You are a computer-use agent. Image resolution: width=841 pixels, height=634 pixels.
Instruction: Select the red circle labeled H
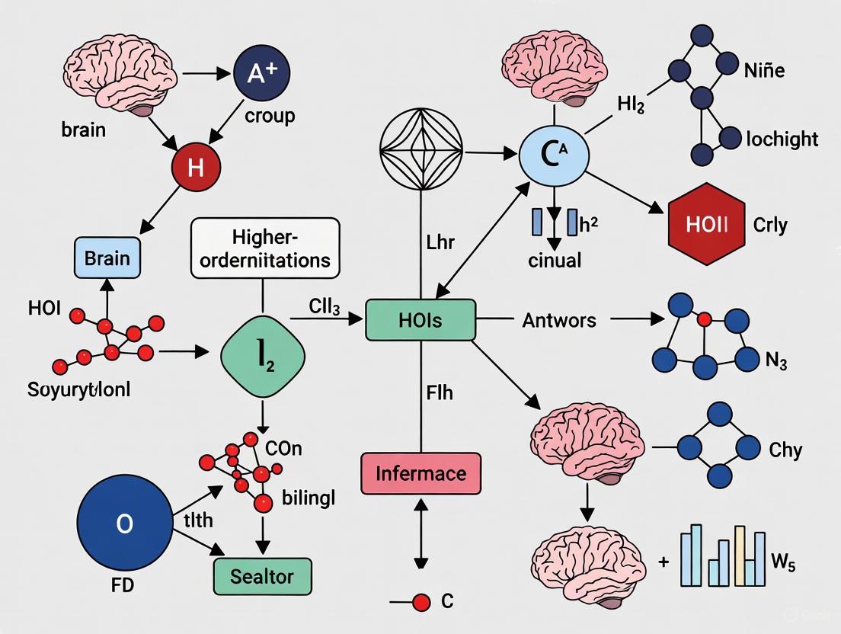[195, 167]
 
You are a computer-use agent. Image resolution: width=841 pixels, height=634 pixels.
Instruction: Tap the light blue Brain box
[107, 258]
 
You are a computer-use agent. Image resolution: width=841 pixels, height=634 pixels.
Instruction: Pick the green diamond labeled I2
[263, 355]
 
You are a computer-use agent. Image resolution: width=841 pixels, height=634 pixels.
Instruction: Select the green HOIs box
[420, 319]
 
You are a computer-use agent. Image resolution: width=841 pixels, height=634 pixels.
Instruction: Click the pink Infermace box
[420, 473]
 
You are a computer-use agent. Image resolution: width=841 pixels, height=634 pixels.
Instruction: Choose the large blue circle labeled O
[125, 524]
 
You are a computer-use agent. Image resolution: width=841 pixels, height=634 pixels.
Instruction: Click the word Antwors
[558, 320]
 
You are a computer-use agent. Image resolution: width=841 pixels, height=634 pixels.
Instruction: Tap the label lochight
[782, 139]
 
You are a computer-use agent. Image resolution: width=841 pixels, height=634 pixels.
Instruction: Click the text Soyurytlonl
[79, 390]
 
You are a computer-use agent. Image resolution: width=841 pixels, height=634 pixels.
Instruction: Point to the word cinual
[555, 260]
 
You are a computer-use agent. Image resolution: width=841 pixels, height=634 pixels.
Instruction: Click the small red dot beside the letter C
[420, 602]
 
